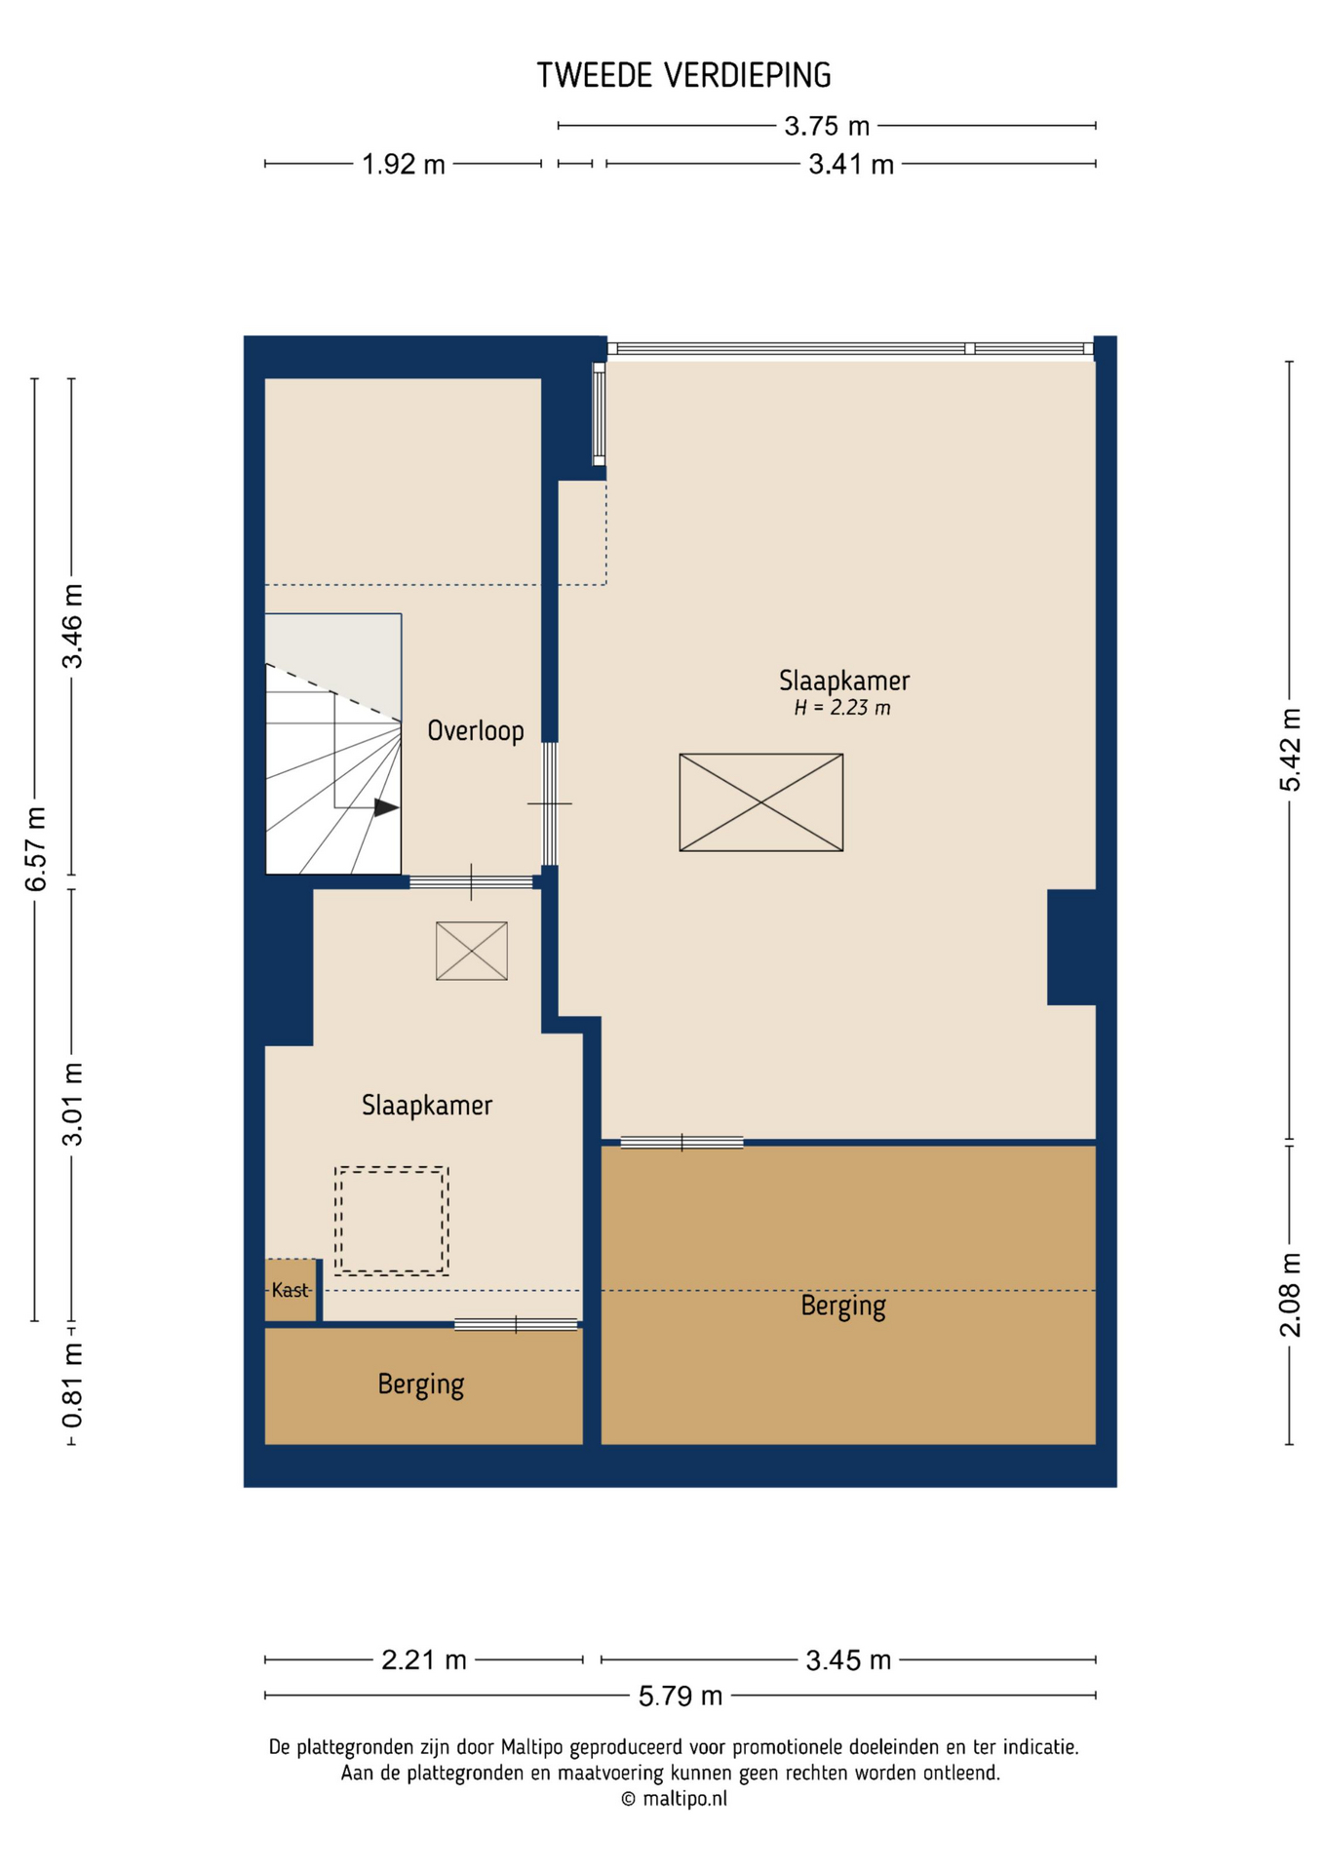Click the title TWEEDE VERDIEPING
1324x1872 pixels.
(x=683, y=75)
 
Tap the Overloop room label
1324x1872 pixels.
(x=475, y=730)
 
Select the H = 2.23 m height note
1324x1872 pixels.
(x=841, y=708)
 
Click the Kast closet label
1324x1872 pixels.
(x=291, y=1290)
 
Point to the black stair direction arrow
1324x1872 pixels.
(x=386, y=807)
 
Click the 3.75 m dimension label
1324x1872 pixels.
(x=827, y=126)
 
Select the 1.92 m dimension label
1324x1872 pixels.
(x=403, y=165)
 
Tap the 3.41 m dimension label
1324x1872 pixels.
(x=850, y=165)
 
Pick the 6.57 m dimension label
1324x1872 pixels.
(x=35, y=849)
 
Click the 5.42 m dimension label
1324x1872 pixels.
(x=1290, y=750)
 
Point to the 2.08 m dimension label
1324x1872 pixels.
(x=1290, y=1295)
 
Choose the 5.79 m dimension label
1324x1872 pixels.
(x=681, y=1696)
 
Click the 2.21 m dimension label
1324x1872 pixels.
(x=424, y=1659)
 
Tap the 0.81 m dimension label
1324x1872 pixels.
(x=72, y=1384)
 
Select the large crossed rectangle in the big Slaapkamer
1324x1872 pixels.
(x=760, y=802)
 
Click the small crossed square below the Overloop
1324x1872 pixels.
(x=471, y=951)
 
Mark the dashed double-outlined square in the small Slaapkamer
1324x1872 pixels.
(x=391, y=1221)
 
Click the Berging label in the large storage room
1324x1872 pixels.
(x=842, y=1306)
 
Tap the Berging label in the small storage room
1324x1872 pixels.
(x=420, y=1384)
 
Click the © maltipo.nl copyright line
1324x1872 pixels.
(x=674, y=1799)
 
